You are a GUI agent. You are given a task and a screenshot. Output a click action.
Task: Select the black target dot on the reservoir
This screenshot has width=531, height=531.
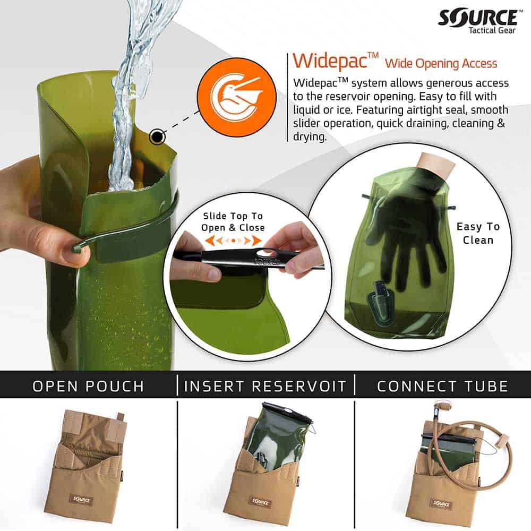pos(157,137)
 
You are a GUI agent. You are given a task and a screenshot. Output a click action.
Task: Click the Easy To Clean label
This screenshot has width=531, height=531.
pos(478,233)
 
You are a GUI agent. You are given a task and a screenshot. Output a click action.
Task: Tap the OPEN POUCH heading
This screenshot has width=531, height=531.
pos(88,386)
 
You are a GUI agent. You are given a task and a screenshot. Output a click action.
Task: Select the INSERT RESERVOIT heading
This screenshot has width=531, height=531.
pos(265,386)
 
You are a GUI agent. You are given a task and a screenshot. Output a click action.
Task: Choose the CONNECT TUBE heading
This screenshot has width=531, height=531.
pos(442,386)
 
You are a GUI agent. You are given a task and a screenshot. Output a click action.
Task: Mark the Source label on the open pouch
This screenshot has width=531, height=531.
pos(81,500)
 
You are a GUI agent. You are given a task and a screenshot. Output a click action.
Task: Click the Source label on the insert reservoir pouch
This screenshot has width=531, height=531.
pos(261,500)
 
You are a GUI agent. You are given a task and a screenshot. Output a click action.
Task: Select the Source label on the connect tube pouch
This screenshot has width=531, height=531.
pos(441,502)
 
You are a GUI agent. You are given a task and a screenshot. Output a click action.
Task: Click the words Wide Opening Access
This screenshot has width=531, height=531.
pos(441,64)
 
